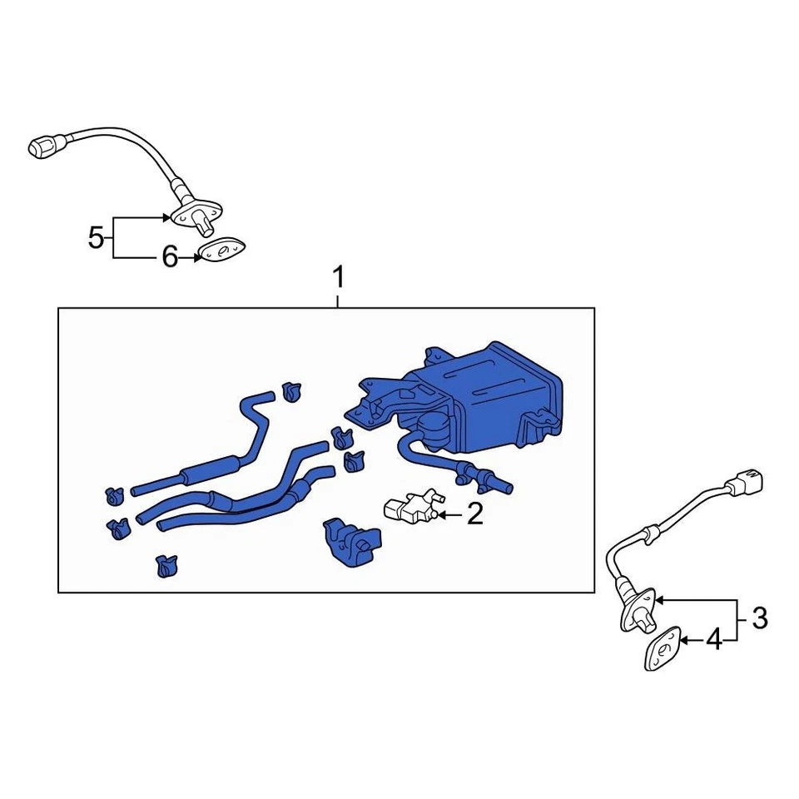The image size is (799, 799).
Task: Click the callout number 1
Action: pos(338,276)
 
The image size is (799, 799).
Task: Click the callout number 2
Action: pos(474,515)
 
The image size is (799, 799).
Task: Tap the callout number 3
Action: pos(759,618)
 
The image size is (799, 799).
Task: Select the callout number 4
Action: pos(714,640)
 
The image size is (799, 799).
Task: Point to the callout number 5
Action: pos(97,239)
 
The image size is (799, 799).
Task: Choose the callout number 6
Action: pos(169,258)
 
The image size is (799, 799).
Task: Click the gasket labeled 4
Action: pos(663,648)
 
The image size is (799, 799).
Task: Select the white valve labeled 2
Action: pos(409,507)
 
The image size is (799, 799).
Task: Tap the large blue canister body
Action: pos(499,391)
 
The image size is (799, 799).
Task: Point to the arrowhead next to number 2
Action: pos(442,515)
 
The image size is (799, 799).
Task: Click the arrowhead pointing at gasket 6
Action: pos(196,258)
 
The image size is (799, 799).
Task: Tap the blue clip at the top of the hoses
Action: pos(290,390)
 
